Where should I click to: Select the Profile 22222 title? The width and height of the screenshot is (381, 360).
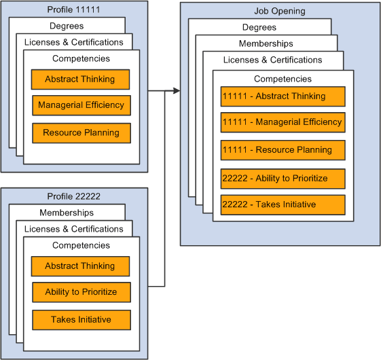click(73, 196)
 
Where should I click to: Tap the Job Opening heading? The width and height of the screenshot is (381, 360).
click(279, 11)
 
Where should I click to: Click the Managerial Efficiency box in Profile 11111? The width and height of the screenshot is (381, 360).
click(81, 105)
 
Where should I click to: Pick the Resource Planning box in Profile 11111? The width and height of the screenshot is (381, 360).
click(81, 132)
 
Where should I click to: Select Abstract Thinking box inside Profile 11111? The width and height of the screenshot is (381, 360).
click(81, 79)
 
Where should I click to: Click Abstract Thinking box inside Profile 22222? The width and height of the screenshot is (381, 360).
click(81, 266)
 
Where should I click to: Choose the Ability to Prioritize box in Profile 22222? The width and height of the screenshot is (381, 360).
click(81, 292)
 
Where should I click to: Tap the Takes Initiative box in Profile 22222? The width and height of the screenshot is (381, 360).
click(81, 319)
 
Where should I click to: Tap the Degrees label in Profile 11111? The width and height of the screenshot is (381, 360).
click(67, 26)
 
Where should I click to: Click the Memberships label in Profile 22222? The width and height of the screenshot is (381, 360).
click(67, 213)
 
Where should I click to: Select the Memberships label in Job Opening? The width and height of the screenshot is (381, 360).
click(267, 43)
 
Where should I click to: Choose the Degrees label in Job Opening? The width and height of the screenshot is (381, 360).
click(259, 27)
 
